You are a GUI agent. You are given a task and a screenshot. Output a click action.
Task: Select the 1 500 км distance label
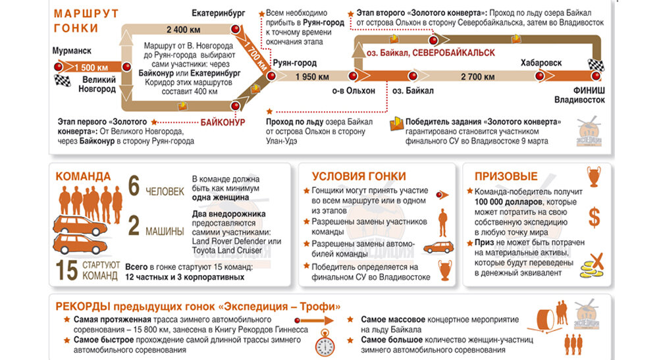coord(91,67)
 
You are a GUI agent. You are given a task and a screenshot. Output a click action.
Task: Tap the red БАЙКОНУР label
coord(223,122)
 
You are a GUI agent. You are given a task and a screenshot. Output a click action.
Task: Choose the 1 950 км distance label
coord(312,76)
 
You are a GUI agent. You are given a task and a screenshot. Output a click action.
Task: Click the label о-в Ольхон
coord(353,91)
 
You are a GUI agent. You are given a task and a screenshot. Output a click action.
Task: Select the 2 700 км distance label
coord(477,76)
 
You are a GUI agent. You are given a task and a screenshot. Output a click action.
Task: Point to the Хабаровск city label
coord(541,63)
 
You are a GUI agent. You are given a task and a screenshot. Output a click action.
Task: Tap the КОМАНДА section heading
coord(83,176)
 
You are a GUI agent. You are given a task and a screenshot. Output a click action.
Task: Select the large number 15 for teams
coord(68,271)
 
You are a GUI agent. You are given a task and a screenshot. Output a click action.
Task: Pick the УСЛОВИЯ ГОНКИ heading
coord(358,176)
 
